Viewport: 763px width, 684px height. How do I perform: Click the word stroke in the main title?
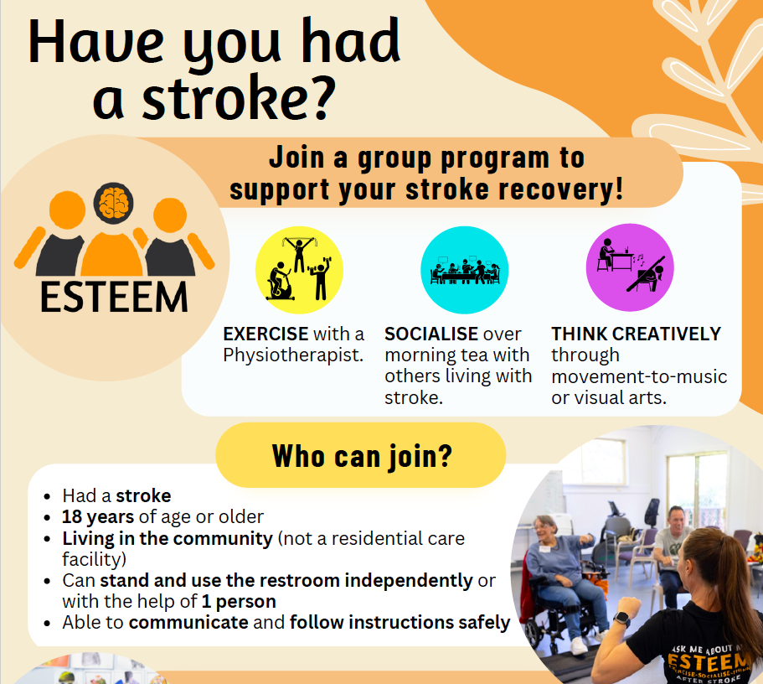[226, 98]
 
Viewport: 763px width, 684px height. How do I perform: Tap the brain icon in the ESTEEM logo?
[113, 203]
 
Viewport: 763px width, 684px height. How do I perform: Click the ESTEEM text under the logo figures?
[114, 298]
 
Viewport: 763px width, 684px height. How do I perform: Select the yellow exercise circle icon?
[299, 270]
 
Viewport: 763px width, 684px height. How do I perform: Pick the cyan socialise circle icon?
[464, 270]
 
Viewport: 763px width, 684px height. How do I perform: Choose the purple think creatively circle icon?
[630, 267]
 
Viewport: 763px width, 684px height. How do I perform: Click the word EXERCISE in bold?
[266, 334]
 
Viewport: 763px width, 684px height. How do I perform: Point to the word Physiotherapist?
[293, 355]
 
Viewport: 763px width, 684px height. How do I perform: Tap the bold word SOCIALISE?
[431, 334]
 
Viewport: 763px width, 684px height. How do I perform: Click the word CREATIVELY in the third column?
[667, 334]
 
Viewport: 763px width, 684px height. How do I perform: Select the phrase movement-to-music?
[639, 376]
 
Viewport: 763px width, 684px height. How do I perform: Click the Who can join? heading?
[362, 457]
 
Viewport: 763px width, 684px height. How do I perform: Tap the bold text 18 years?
[98, 517]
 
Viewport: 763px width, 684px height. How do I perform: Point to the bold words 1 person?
[239, 602]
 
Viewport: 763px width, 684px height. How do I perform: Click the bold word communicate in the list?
[188, 623]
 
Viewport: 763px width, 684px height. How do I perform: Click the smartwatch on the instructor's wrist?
[622, 619]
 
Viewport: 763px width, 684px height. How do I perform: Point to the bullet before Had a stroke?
[47, 497]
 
